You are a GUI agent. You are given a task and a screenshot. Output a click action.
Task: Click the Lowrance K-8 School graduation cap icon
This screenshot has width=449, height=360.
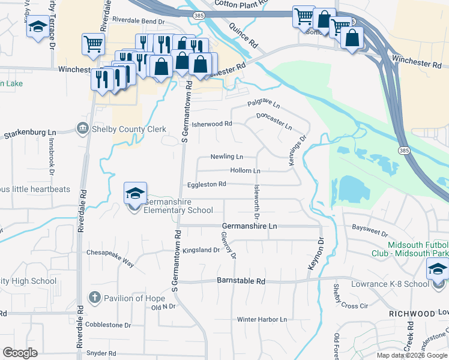[x=438, y=271]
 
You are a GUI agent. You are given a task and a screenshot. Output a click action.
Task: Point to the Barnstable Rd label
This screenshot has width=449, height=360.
[x=241, y=281]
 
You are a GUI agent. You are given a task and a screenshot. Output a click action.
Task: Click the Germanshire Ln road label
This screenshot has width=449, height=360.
[x=249, y=226]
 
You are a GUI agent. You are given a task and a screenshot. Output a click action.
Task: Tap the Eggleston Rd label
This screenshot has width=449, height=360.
[x=206, y=184]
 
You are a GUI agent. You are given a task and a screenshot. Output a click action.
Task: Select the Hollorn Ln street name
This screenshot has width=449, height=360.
[x=245, y=171]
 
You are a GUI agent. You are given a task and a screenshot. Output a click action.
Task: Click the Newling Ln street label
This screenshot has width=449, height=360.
[x=226, y=157]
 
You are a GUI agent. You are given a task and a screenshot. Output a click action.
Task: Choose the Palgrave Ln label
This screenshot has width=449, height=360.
[x=264, y=105]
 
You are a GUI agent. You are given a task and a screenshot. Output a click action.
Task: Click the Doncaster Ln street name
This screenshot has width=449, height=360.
[x=274, y=122]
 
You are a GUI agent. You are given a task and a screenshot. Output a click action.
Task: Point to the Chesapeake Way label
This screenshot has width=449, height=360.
[x=110, y=254]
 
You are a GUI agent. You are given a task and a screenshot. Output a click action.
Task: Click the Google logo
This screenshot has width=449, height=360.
[x=20, y=353]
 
